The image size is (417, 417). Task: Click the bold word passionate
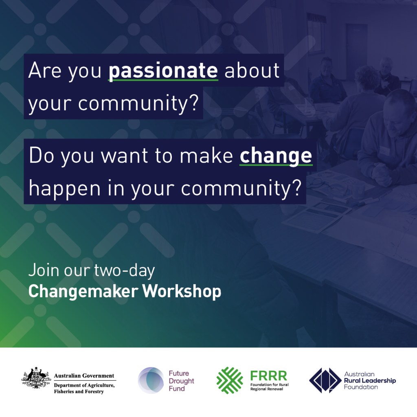[163, 71]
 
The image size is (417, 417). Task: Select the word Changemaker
[83, 292]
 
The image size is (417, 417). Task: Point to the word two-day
[125, 271]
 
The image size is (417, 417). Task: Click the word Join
[43, 270]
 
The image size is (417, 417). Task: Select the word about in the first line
[252, 70]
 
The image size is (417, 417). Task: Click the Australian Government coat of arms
[36, 379]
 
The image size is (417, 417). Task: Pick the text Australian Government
[84, 376]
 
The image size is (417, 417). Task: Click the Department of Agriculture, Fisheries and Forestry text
[84, 388]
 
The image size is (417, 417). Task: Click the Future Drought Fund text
[181, 381]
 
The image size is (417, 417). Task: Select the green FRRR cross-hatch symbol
[230, 380]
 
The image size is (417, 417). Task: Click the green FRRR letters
[269, 376]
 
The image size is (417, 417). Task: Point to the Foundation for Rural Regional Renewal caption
[270, 387]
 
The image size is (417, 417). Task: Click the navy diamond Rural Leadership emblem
[325, 380]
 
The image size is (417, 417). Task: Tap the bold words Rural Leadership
[370, 381]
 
